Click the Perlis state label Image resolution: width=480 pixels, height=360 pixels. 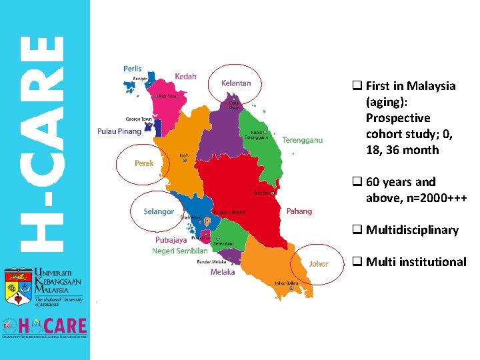pyautogui.click(x=132, y=69)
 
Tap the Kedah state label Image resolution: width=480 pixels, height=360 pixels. pyautogui.click(x=185, y=77)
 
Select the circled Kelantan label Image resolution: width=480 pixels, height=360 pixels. pyautogui.click(x=236, y=83)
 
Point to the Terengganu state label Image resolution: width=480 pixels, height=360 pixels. pyautogui.click(x=302, y=140)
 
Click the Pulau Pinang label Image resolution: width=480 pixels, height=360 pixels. pyautogui.click(x=119, y=131)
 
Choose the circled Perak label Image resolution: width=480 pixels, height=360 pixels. pyautogui.click(x=144, y=163)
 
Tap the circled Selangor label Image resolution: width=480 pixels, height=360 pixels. pyautogui.click(x=159, y=212)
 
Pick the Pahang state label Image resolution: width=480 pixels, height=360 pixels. pyautogui.click(x=299, y=211)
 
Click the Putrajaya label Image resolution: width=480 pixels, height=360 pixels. pyautogui.click(x=171, y=239)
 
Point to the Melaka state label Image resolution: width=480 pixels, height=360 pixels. pyautogui.click(x=223, y=272)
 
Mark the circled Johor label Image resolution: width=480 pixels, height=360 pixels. pyautogui.click(x=319, y=263)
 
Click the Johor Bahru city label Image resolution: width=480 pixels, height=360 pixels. pyautogui.click(x=286, y=283)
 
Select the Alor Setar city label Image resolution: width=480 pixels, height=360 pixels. pyautogui.click(x=167, y=96)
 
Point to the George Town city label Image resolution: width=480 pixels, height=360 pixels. pyautogui.click(x=139, y=119)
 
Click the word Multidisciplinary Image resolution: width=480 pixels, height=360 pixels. pyautogui.click(x=412, y=230)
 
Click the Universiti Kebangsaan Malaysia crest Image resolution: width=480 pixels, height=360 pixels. pyautogui.click(x=17, y=289)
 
